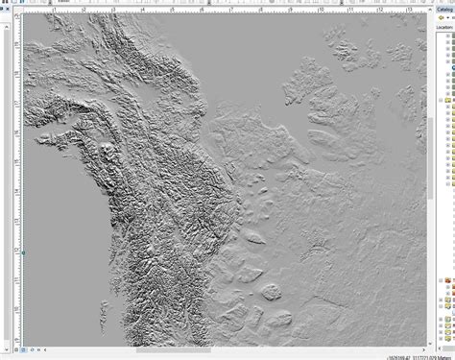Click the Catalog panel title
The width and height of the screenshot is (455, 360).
tap(445, 6)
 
